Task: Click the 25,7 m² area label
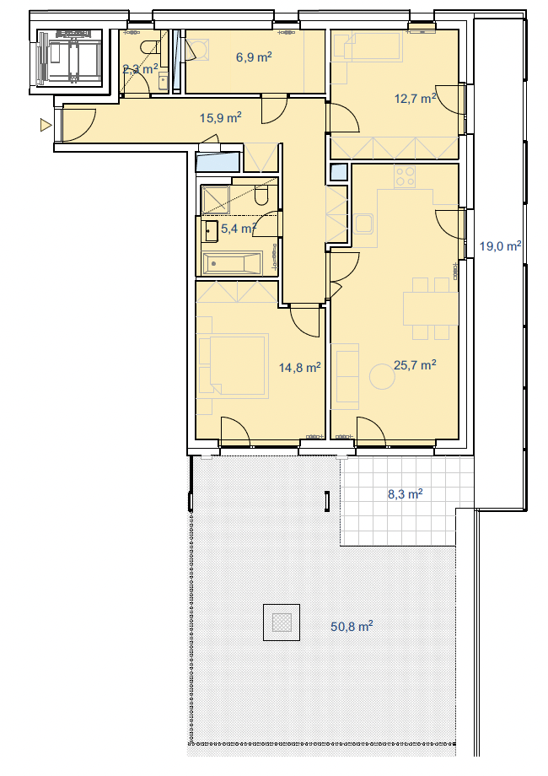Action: [x=415, y=365]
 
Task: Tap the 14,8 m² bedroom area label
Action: [x=300, y=368]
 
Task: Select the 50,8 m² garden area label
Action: [x=352, y=627]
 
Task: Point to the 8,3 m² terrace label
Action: [x=405, y=494]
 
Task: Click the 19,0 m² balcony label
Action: [x=501, y=246]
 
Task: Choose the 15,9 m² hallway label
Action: [x=221, y=118]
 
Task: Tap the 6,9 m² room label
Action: [x=254, y=57]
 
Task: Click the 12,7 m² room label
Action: [x=416, y=99]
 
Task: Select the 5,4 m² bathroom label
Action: [x=239, y=229]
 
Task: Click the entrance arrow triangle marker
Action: [x=46, y=126]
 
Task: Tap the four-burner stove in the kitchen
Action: [x=405, y=176]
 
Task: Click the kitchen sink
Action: [x=364, y=224]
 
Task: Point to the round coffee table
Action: [x=382, y=377]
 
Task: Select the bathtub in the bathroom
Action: [x=232, y=263]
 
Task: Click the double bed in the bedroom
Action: [x=233, y=365]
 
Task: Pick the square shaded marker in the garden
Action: [x=282, y=622]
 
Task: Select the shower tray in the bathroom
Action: [x=215, y=200]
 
